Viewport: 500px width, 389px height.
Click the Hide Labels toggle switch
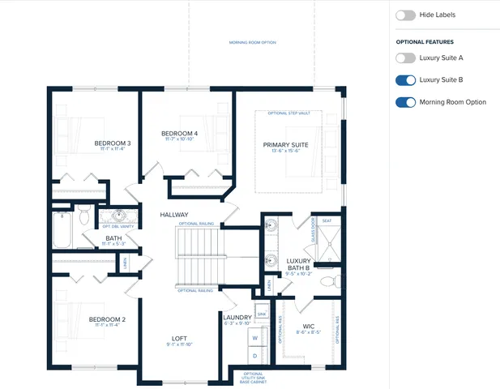tap(405, 15)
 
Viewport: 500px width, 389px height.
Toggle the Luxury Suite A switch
tap(405, 58)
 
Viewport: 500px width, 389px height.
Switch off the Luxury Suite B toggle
tap(405, 80)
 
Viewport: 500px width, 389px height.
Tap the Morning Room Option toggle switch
tap(405, 102)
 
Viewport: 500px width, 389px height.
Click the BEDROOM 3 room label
tap(113, 143)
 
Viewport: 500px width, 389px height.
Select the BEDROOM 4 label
tap(179, 134)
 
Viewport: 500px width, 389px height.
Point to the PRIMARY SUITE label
tap(286, 145)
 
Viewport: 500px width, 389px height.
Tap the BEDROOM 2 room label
tap(107, 319)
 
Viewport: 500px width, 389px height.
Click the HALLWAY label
tap(174, 215)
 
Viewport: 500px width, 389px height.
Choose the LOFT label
tap(180, 338)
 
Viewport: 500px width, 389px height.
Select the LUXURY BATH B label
tap(298, 264)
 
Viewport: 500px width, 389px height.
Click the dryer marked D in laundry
tap(255, 356)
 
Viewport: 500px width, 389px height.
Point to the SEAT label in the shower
tap(327, 220)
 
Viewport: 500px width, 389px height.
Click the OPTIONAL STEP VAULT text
tap(295, 113)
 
